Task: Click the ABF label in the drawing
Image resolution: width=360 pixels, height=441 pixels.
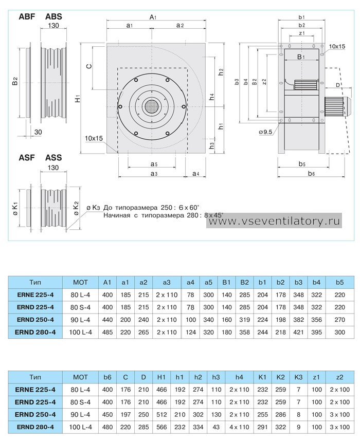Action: [x=27, y=16]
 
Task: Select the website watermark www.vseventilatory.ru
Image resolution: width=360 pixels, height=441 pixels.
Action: [x=275, y=221]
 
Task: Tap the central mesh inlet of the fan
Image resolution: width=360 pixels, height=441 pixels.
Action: [x=152, y=106]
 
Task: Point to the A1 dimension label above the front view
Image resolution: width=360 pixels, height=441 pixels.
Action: [x=153, y=17]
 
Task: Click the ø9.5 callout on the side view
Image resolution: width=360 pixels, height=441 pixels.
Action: [x=265, y=132]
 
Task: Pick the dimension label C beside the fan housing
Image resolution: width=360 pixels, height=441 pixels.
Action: [x=88, y=66]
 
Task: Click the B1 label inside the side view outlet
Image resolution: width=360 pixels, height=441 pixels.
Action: [x=301, y=57]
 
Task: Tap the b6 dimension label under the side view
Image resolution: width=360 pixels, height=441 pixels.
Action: [x=311, y=174]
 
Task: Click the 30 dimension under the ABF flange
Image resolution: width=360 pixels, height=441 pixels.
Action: [x=38, y=132]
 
